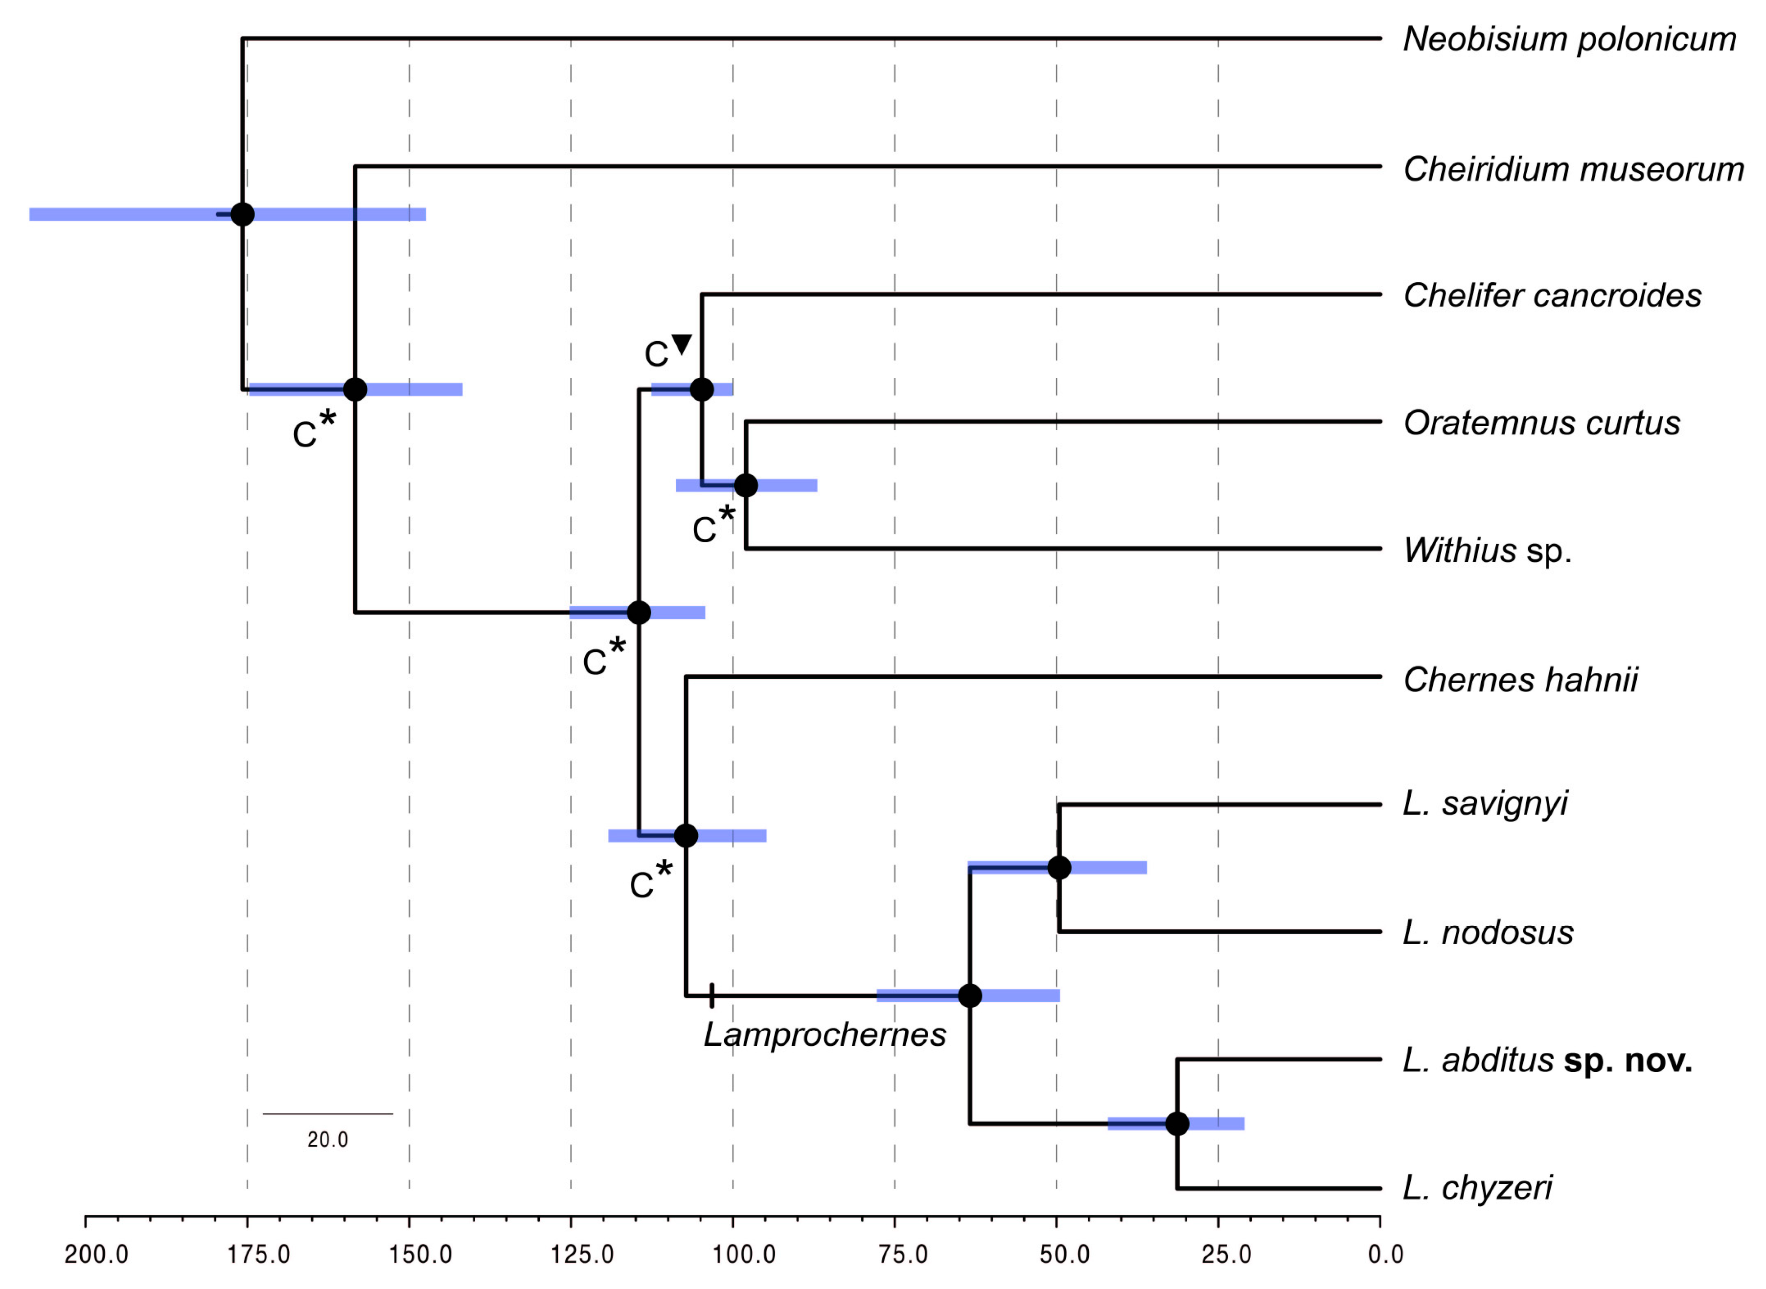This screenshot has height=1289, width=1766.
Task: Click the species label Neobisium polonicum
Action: point(1569,40)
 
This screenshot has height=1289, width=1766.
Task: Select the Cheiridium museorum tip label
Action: point(1573,169)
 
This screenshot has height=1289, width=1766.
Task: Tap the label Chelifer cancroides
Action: point(1552,296)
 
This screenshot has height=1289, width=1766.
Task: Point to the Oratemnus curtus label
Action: point(1541,423)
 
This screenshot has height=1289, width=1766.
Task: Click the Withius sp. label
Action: point(1487,551)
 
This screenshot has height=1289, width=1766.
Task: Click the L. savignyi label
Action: point(1485,804)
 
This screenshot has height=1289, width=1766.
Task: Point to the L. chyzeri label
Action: point(1477,1188)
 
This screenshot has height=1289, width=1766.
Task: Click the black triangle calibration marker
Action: point(682,344)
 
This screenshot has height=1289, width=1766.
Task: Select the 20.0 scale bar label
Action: point(328,1140)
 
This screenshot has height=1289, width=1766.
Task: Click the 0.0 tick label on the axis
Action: point(1385,1255)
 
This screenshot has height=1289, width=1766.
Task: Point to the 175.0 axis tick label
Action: point(258,1255)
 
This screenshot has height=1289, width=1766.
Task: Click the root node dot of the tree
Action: point(243,214)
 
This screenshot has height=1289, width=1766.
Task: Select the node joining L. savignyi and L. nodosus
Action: point(1058,868)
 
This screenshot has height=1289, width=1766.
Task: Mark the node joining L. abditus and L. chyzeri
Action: point(1177,1124)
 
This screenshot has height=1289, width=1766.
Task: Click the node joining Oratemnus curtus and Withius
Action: point(746,485)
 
